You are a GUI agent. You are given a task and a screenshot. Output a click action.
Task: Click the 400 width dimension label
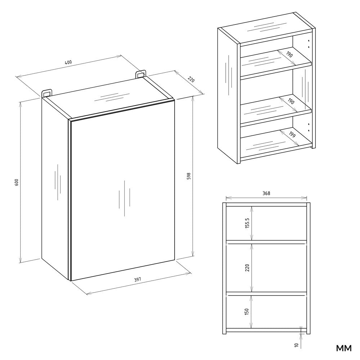tap(68, 62)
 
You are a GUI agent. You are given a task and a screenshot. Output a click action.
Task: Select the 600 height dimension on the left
tap(16, 182)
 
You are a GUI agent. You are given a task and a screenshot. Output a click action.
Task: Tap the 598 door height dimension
tap(189, 176)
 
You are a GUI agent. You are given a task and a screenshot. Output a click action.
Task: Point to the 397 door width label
tap(137, 279)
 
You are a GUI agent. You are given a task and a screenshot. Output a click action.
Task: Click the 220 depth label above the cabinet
tap(191, 80)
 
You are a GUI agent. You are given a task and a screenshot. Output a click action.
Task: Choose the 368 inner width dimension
tap(266, 193)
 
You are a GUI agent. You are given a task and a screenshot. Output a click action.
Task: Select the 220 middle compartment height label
tap(247, 268)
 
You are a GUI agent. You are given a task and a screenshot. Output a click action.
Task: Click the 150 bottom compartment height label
tap(247, 311)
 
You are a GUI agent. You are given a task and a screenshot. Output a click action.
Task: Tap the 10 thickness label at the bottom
tap(296, 345)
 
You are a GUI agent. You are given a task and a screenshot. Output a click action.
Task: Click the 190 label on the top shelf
tap(289, 54)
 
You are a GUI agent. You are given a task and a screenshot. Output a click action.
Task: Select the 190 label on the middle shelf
tap(291, 101)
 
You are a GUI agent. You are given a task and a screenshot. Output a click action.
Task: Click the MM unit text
tap(344, 348)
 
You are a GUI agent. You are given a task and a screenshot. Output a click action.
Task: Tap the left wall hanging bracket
tap(47, 93)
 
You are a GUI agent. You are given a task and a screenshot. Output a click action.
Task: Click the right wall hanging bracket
tap(141, 74)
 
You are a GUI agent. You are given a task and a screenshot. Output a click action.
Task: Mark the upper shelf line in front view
tap(266, 242)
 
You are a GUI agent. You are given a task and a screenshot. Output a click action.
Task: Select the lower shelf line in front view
tap(266, 293)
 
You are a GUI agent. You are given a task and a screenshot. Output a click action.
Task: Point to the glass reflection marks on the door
tap(125, 198)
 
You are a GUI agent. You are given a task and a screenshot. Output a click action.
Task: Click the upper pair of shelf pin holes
tap(309, 44)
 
